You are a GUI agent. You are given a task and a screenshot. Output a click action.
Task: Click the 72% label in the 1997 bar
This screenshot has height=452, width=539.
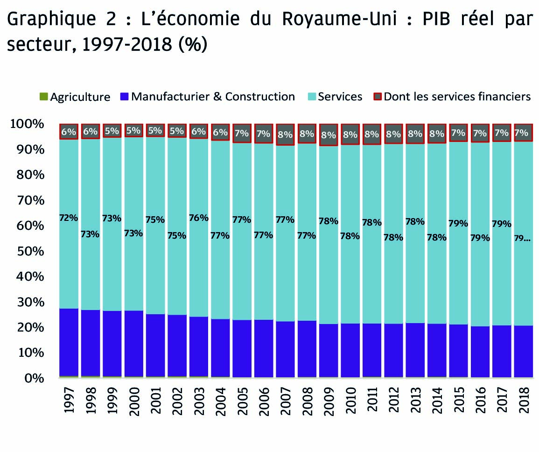coord(69,218)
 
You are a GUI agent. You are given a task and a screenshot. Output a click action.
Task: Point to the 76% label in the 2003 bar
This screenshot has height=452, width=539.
coord(199,217)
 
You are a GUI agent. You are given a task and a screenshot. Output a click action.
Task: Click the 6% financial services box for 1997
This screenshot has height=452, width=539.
coord(69,132)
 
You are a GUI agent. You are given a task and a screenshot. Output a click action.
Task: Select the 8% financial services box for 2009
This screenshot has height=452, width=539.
coord(329,135)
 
